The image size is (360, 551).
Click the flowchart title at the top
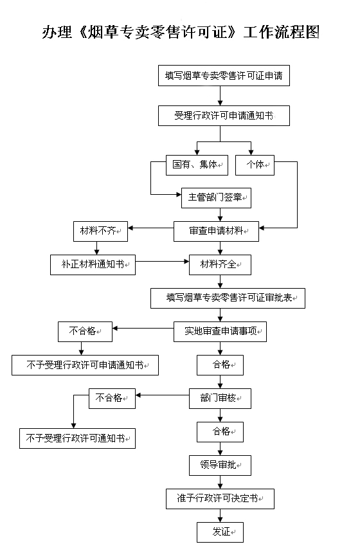coord(181,33)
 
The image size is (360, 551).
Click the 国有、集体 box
coord(197,165)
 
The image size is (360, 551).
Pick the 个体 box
coord(255,165)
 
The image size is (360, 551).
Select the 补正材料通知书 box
coord(93,265)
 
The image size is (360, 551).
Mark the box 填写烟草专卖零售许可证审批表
coord(228,298)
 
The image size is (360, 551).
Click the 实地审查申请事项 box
coord(220,331)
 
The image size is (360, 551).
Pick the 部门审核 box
coord(220,398)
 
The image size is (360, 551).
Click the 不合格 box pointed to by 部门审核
coord(112,398)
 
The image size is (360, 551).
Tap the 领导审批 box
coord(220,464)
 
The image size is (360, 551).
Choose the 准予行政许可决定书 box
coord(220,498)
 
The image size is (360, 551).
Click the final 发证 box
coord(220,532)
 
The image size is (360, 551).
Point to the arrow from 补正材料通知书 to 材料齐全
coord(162,262)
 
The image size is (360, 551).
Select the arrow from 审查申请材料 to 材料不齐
coord(150,228)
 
